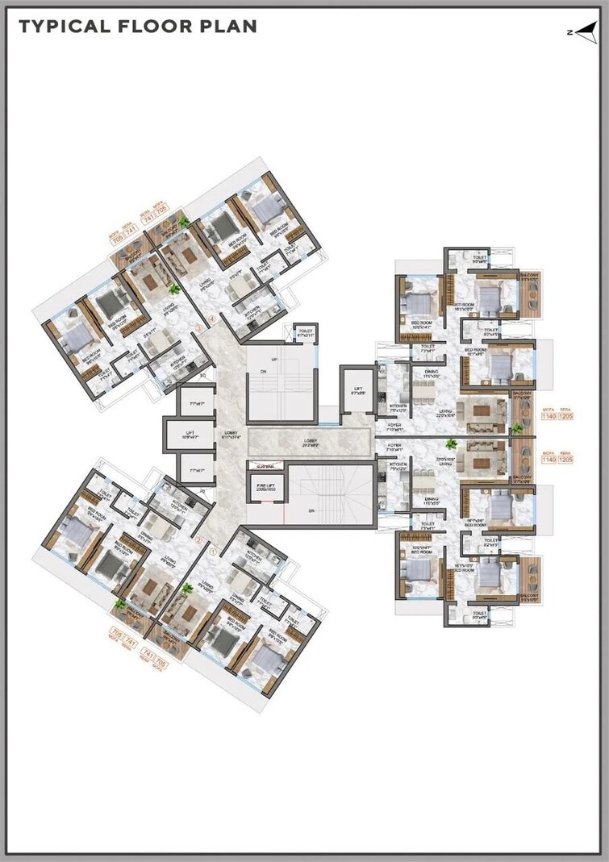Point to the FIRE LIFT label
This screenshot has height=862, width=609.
265,485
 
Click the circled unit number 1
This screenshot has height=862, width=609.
213,552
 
